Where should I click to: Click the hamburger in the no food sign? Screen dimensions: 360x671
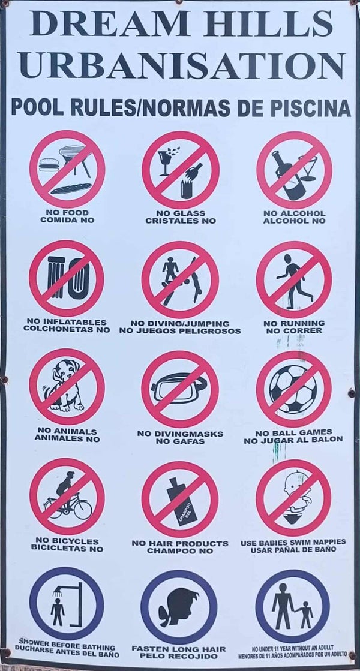(49, 165)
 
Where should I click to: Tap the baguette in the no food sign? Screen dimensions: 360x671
(71, 189)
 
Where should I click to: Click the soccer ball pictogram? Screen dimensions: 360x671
(293, 389)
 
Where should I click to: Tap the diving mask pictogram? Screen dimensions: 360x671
(179, 388)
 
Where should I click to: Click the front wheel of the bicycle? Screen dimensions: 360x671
(83, 509)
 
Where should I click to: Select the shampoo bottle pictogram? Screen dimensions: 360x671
(182, 501)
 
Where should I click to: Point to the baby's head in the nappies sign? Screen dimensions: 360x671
(295, 483)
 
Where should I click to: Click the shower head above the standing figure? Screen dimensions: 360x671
(58, 592)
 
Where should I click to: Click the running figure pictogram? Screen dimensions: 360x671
(293, 281)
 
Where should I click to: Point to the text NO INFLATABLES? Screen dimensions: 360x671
(67, 322)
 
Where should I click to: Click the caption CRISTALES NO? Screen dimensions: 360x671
(181, 221)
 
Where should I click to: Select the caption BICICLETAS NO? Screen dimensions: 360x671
(67, 549)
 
